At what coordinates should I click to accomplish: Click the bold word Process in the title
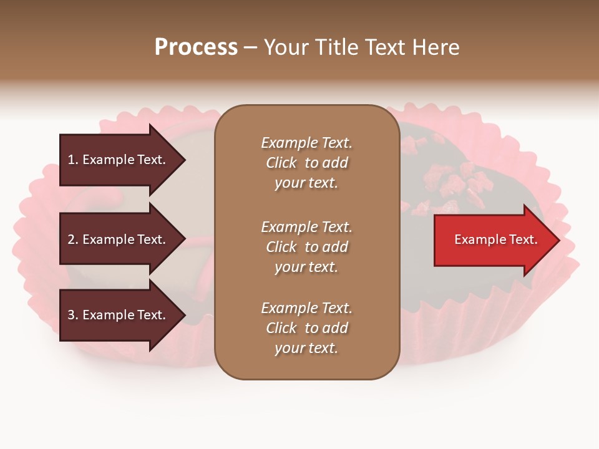click(x=196, y=47)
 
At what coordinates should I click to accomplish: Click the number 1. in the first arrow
click(x=73, y=160)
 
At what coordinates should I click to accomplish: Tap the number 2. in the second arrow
click(x=73, y=239)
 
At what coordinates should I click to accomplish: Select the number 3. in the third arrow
click(x=73, y=315)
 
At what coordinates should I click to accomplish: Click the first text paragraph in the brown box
click(x=306, y=163)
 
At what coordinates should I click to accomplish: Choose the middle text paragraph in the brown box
click(x=306, y=247)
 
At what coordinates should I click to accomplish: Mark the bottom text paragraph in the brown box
click(x=306, y=328)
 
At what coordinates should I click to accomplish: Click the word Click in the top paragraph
click(x=281, y=163)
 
